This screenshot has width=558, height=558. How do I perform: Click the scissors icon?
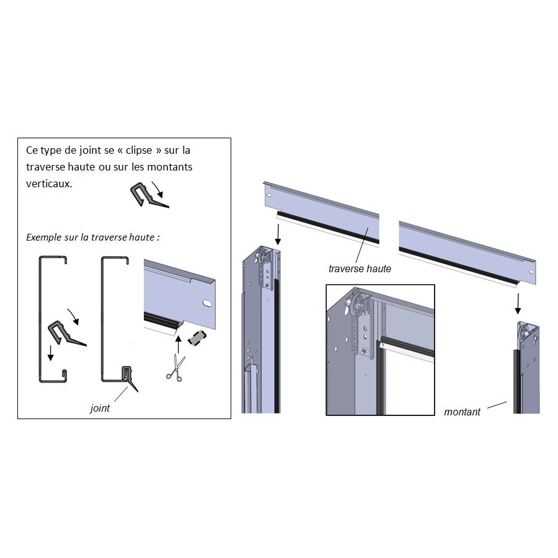[x=176, y=368]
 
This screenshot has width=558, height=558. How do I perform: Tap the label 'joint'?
[x=100, y=408]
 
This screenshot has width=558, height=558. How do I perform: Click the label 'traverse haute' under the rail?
[x=360, y=268]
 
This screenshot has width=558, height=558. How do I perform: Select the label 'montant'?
[x=462, y=412]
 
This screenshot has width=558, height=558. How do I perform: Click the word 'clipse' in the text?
[x=139, y=151]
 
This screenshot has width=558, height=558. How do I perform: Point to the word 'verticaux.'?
[x=49, y=184]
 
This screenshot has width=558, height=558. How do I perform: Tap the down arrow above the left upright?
[x=278, y=234]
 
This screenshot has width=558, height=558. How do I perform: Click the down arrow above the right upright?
[x=518, y=304]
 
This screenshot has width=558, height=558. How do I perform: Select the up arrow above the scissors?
[x=179, y=343]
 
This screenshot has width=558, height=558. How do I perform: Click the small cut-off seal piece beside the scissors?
[x=197, y=338]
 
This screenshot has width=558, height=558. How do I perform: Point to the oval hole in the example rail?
[x=206, y=303]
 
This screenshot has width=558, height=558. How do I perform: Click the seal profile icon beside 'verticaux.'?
[x=149, y=195]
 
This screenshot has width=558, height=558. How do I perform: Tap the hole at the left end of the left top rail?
[x=268, y=195]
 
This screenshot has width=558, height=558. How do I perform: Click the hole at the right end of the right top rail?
[x=531, y=272]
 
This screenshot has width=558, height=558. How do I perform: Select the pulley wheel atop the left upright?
[x=263, y=257]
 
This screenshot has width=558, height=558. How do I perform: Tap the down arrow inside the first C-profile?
[x=51, y=353]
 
